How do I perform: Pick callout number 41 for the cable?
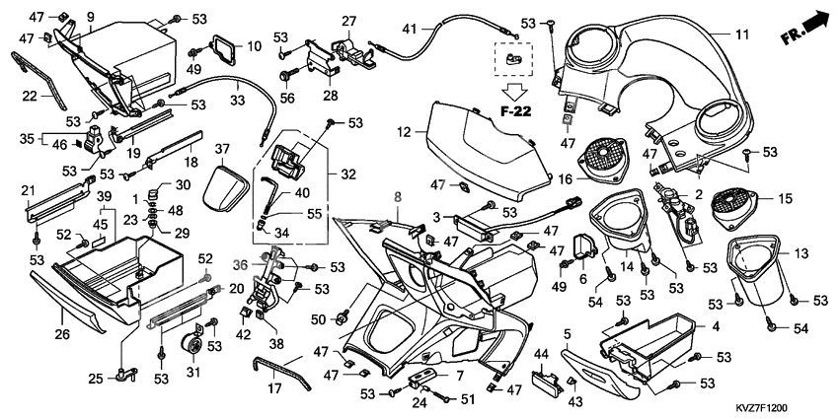(x=409, y=28)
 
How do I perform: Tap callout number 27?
(x=348, y=21)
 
